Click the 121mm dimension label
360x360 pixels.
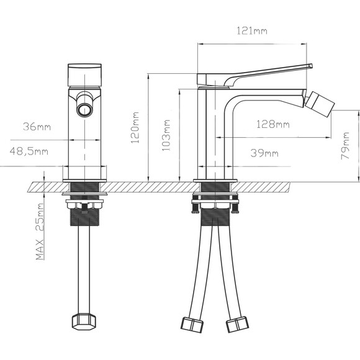pos(252,31)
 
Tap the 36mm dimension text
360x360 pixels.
pos(37,127)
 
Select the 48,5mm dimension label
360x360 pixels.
pos(29,151)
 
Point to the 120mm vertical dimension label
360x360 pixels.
pos(135,128)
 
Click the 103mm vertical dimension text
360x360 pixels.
pos(166,135)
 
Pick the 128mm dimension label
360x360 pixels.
pos(273,124)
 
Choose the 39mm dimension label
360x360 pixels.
pos(264,153)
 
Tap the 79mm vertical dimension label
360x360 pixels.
pos(345,146)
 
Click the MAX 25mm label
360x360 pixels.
pos(40,231)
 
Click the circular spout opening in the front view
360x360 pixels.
pos(84,109)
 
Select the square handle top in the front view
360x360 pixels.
pos(84,75)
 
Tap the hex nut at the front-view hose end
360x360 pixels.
pos(84,322)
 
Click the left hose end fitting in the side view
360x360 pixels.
pos(192,323)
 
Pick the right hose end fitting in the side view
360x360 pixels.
pos(237,324)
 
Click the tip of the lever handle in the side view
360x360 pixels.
pos(312,66)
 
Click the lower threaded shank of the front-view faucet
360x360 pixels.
pos(84,217)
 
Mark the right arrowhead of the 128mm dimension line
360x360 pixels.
pos(329,138)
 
